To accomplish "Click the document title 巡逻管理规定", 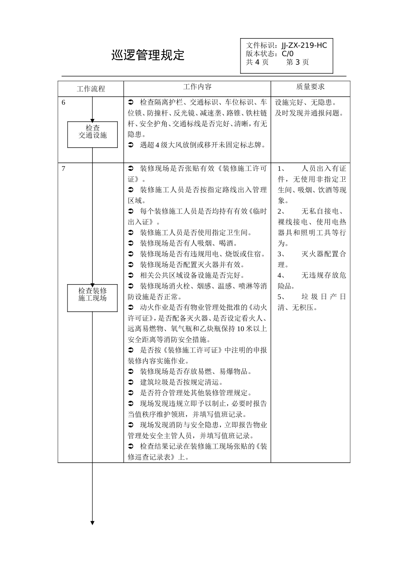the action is click(148, 55).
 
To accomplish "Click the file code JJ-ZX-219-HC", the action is click(304, 46).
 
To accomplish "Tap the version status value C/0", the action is click(288, 54).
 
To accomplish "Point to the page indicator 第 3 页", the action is click(297, 62).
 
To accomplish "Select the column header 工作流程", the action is click(91, 89).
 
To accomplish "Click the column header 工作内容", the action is click(197, 87).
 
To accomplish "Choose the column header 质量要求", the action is click(310, 87).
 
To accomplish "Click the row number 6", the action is click(64, 103).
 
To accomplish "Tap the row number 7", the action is click(64, 168).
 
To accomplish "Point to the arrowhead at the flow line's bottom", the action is click(92, 522).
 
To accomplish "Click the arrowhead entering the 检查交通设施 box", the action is click(92, 121).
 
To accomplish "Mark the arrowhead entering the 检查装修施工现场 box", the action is click(92, 285).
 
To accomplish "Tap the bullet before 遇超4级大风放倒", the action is click(131, 145).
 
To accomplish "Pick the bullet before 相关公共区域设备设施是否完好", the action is click(131, 275).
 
